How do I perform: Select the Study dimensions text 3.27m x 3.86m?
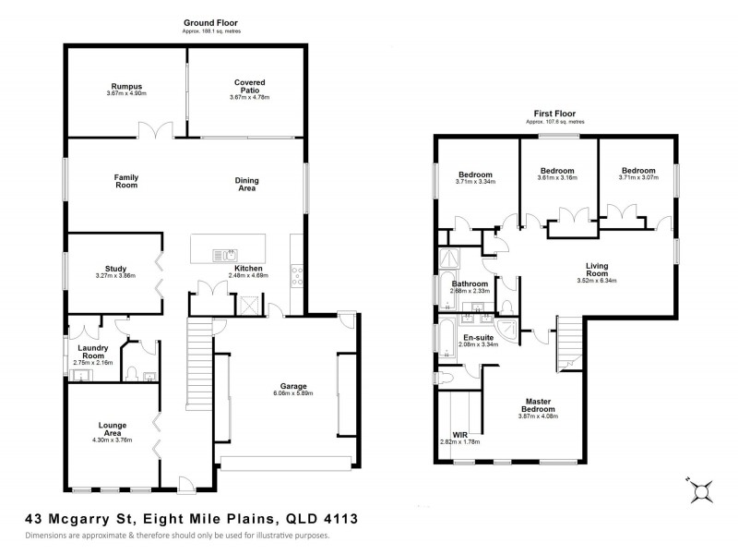(115, 277)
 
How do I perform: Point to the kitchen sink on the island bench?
(224, 255)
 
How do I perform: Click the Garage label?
(293, 386)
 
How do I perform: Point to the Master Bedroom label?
(538, 404)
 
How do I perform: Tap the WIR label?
(459, 434)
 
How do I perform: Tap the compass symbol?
(701, 492)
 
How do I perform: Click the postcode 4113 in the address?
(340, 520)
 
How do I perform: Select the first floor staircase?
(569, 343)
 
